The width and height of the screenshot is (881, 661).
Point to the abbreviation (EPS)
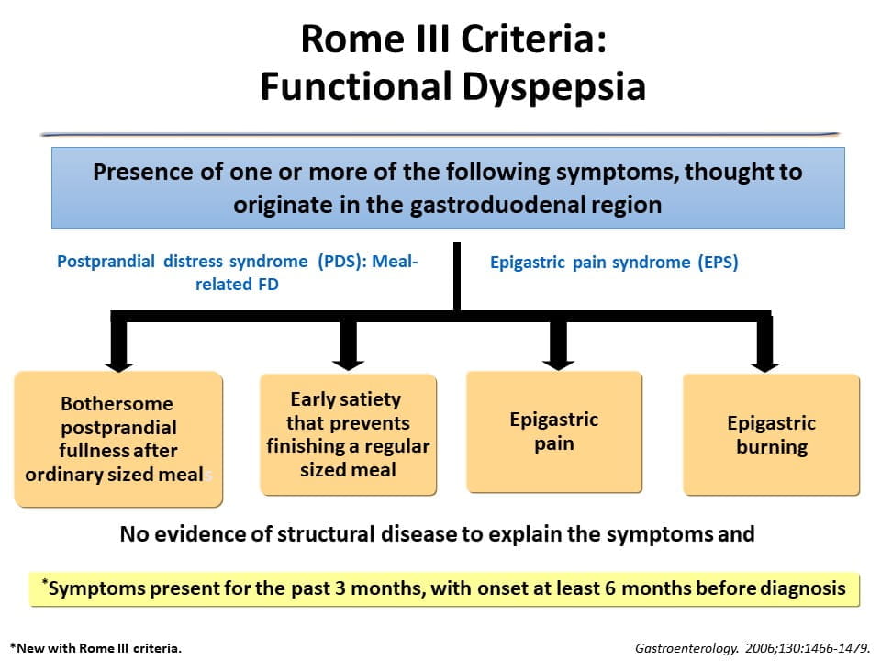[x=716, y=263]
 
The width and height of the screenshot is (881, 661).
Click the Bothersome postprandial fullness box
[x=117, y=439]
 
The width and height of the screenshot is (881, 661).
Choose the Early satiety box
[x=349, y=434]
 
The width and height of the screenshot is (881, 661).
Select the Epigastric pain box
[x=553, y=431]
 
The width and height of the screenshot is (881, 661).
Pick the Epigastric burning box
[x=771, y=435]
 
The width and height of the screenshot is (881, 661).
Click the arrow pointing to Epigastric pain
[x=555, y=344]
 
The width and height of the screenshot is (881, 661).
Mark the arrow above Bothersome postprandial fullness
[x=122, y=346]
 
